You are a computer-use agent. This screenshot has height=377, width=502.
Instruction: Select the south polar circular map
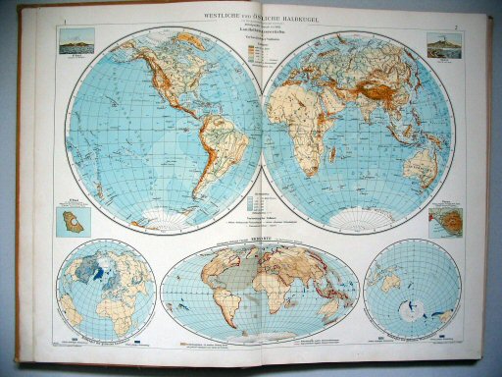tap(411, 290)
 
